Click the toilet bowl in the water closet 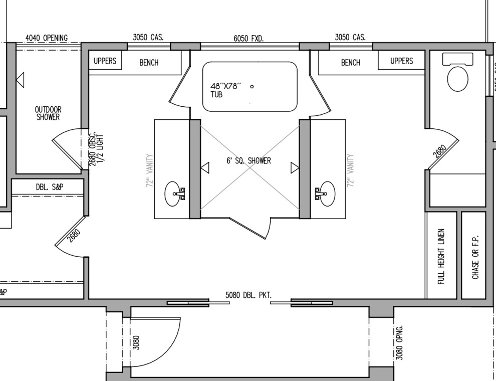coord(457,79)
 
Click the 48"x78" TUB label coord(225,90)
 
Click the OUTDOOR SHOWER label coord(48,113)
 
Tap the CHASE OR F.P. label coord(475,257)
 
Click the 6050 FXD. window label coord(249,38)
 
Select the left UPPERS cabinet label coord(105,61)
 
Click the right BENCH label coord(350,63)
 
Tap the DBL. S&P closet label coord(50,187)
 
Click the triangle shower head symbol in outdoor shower coord(20,79)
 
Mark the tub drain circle coord(252,86)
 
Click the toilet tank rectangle coord(457,59)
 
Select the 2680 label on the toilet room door coord(440,151)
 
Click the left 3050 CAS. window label coord(148,37)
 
